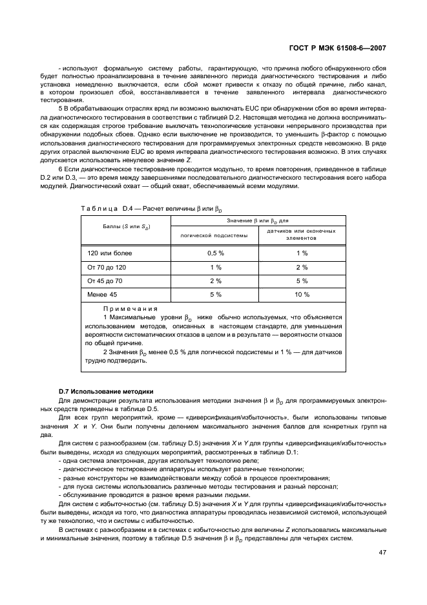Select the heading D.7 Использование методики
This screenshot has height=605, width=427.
click(x=105, y=392)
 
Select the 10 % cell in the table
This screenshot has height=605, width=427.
click(x=302, y=295)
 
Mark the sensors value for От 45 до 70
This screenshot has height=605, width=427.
click(x=302, y=281)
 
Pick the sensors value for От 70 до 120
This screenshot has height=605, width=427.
click(x=302, y=267)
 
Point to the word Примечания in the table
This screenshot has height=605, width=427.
click(x=130, y=309)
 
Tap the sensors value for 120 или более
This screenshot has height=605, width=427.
click(x=302, y=253)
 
